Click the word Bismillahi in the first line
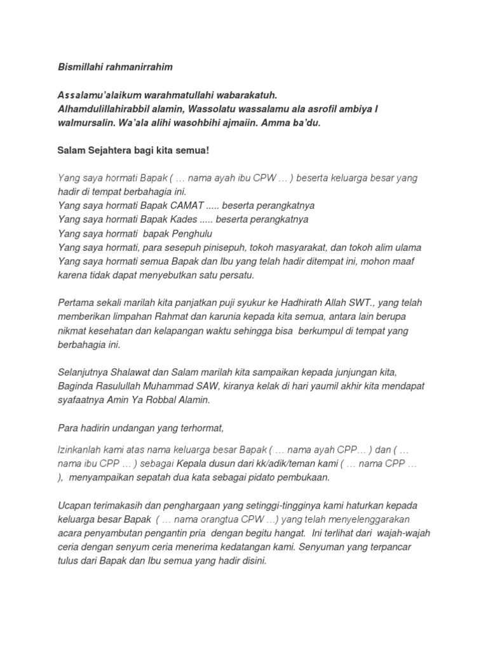(x=79, y=67)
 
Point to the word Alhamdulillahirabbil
(x=102, y=110)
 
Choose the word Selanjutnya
(x=85, y=372)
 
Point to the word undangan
(x=130, y=427)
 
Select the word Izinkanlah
(x=81, y=450)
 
